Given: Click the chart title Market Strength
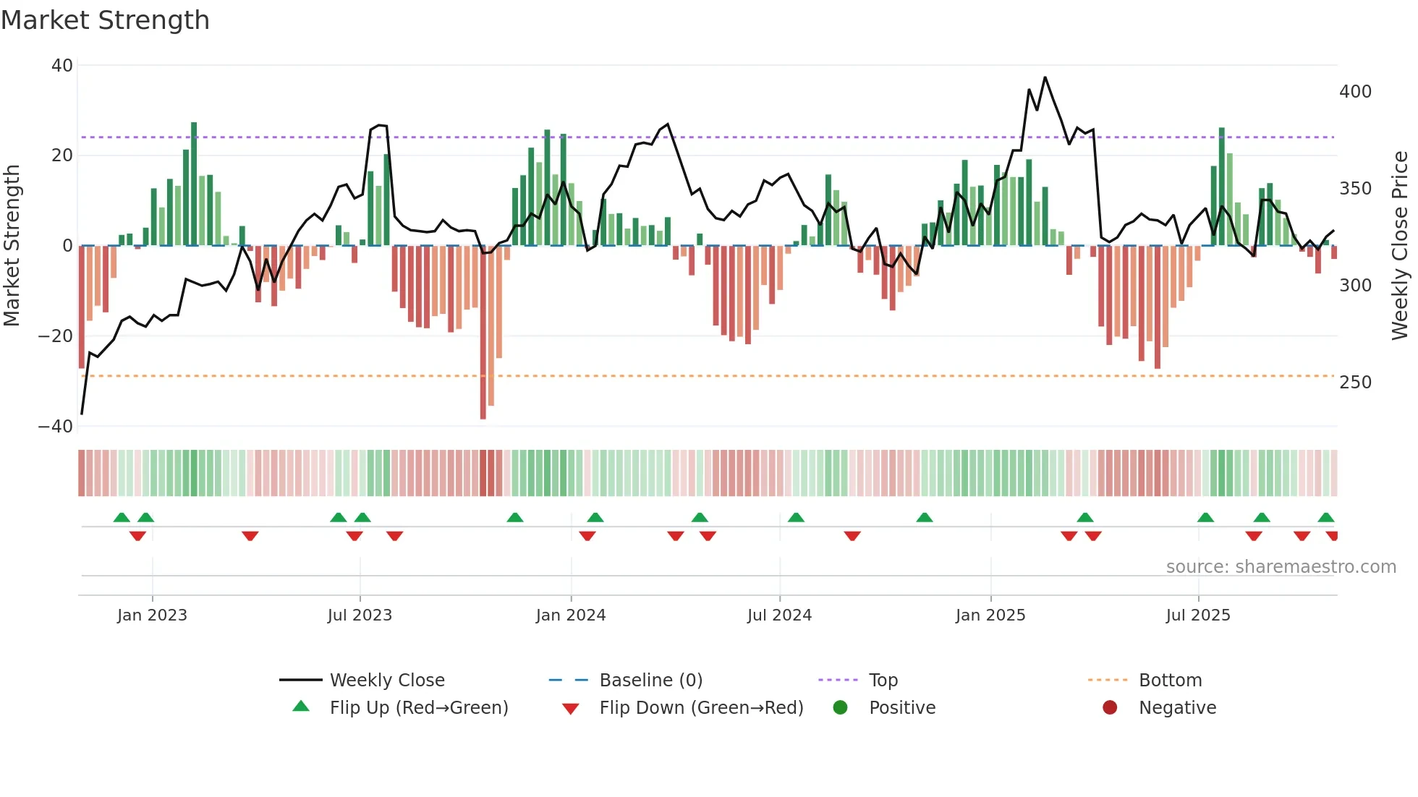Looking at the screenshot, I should tap(105, 20).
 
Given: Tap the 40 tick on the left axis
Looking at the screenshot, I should tap(62, 66).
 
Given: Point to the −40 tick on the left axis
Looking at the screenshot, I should tap(56, 427).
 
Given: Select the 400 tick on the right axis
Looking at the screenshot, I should tap(1355, 92).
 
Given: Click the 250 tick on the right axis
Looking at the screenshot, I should tap(1355, 383).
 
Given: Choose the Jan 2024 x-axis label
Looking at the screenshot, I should tap(571, 615).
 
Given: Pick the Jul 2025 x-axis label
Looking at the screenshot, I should tap(1198, 615).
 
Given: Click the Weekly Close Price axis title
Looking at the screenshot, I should tap(1400, 246).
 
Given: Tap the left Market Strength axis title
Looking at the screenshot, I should tap(12, 246).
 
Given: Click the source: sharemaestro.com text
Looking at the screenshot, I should tap(1281, 567).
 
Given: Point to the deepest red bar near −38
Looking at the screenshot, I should tap(483, 333).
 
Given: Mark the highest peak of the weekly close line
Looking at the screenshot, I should tap(1045, 77).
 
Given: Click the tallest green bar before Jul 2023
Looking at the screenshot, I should tap(194, 184).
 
